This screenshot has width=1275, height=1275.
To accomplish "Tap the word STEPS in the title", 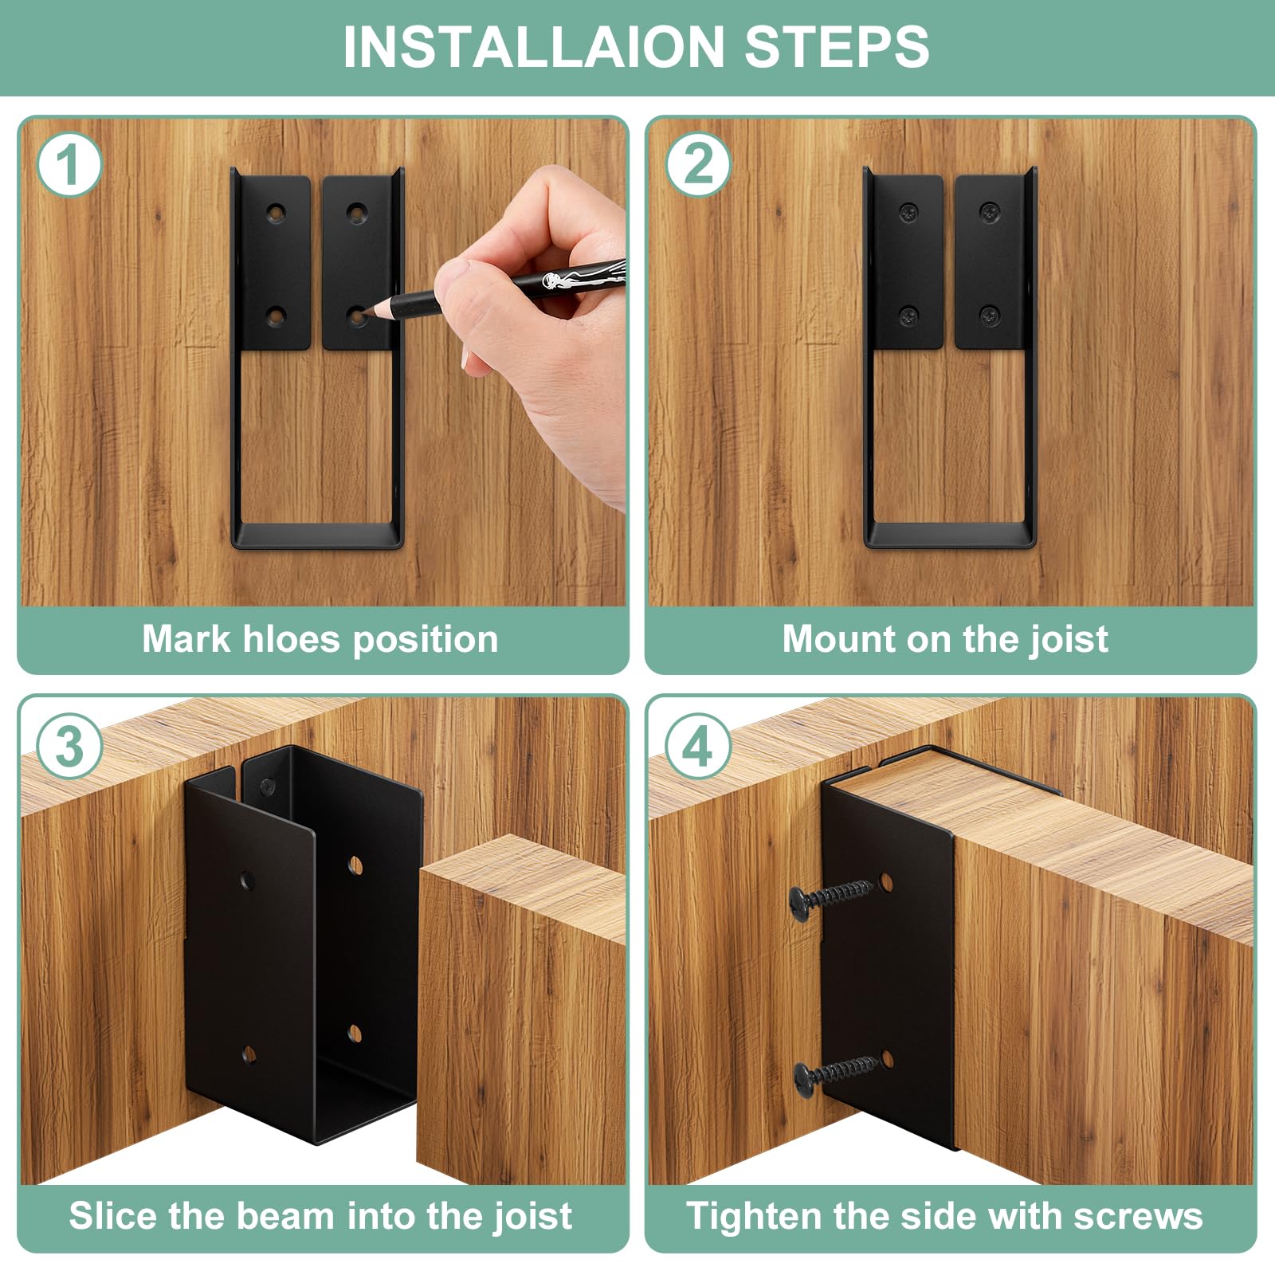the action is point(837,47).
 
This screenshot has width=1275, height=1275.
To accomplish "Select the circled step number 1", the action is point(69,165).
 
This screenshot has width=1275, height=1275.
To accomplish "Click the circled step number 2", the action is point(699,165).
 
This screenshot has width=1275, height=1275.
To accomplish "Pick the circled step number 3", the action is point(69,746).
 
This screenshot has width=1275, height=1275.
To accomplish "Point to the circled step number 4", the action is point(698,746).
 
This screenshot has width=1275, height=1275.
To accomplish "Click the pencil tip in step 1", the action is point(368,316).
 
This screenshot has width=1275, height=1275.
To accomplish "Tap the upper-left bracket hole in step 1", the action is point(276,213).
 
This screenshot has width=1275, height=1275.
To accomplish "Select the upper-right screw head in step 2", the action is point(991,212).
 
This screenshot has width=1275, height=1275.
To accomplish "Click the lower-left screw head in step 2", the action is point(909,316).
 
